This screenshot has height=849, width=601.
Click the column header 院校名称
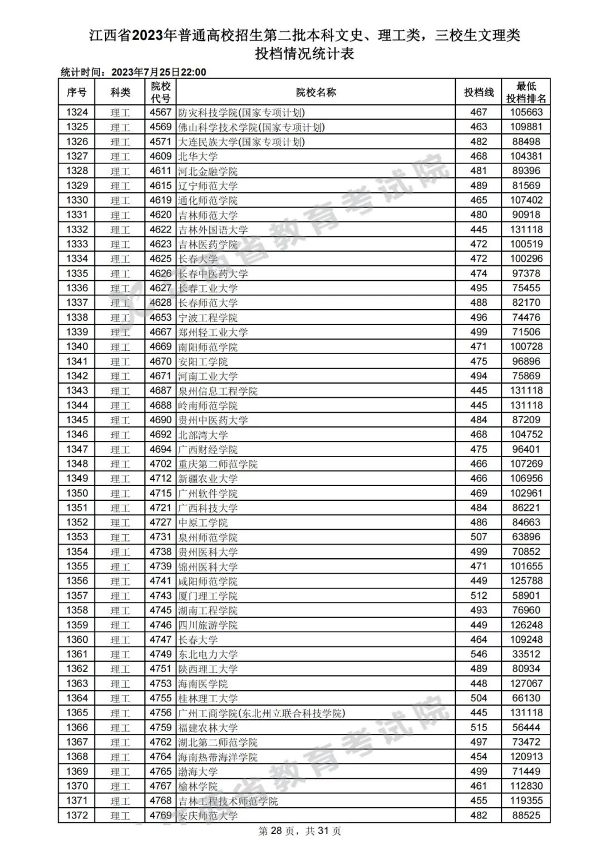pyautogui.click(x=316, y=92)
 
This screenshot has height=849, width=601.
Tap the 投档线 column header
pyautogui.click(x=479, y=92)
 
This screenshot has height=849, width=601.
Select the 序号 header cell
pyautogui.click(x=77, y=92)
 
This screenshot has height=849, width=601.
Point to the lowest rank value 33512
pyautogui.click(x=526, y=654)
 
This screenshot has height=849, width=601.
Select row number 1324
pyautogui.click(x=77, y=112)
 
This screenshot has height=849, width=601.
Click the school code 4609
pyautogui.click(x=160, y=156)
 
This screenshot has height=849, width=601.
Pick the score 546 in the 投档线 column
pyautogui.click(x=479, y=654)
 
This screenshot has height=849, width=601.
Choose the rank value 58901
pyautogui.click(x=526, y=595)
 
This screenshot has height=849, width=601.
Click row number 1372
pyautogui.click(x=77, y=816)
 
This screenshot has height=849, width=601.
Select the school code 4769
pyautogui.click(x=160, y=816)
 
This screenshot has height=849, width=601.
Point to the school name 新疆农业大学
pyautogui.click(x=208, y=479)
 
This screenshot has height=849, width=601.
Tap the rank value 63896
pyautogui.click(x=526, y=537)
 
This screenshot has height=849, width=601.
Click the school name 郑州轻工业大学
pyautogui.click(x=213, y=332)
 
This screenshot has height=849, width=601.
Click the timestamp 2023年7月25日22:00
pyautogui.click(x=159, y=72)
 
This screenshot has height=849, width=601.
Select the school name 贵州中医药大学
pyautogui.click(x=213, y=420)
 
